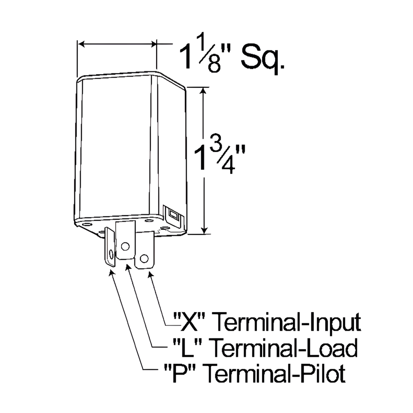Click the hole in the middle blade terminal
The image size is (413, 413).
coord(125,245)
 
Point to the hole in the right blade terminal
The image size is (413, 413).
coord(144,258)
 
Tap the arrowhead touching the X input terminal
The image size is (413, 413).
coord(151,275)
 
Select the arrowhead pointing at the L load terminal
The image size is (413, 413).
coord(129,267)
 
